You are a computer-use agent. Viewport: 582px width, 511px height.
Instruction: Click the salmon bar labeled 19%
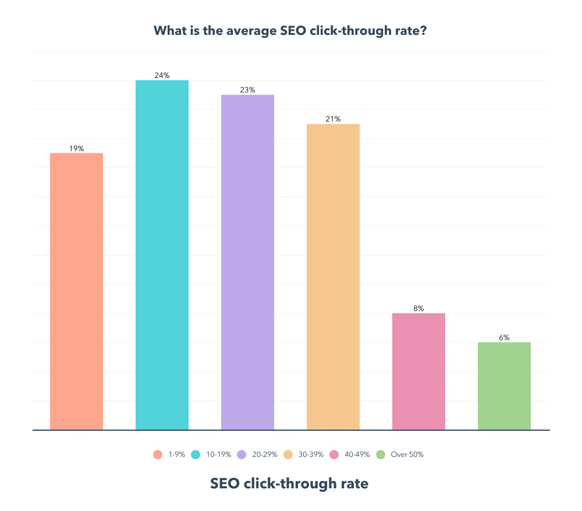click(76, 291)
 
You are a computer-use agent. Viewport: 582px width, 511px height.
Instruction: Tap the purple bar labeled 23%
click(247, 262)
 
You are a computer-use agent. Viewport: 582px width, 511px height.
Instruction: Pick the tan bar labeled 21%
click(333, 277)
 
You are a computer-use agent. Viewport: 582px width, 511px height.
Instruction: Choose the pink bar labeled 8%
click(418, 371)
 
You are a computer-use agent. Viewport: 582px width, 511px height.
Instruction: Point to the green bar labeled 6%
click(504, 386)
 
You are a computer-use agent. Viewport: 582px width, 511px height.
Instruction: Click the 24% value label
click(162, 75)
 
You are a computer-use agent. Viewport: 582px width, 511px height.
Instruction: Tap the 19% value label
click(76, 148)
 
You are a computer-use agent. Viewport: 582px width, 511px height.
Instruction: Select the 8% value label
click(418, 309)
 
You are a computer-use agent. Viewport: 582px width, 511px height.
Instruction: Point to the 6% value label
click(504, 338)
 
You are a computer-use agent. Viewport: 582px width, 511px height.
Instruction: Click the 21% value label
click(333, 119)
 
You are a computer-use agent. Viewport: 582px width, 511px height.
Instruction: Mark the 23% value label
click(247, 90)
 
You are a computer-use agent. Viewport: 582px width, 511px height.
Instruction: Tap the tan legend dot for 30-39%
click(288, 455)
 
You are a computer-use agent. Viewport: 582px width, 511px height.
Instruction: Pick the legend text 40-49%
click(357, 455)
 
